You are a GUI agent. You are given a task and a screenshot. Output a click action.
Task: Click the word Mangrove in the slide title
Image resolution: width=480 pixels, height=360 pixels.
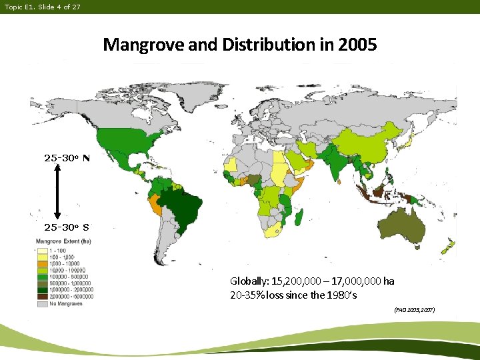click(x=135, y=45)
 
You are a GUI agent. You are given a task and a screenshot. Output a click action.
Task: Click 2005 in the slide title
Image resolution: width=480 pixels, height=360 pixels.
click(x=357, y=45)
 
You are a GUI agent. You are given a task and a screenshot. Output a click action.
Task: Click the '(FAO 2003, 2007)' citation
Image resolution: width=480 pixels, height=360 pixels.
click(x=414, y=310)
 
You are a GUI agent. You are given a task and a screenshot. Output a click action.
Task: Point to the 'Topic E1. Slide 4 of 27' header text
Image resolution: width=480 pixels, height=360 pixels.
click(x=42, y=7)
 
